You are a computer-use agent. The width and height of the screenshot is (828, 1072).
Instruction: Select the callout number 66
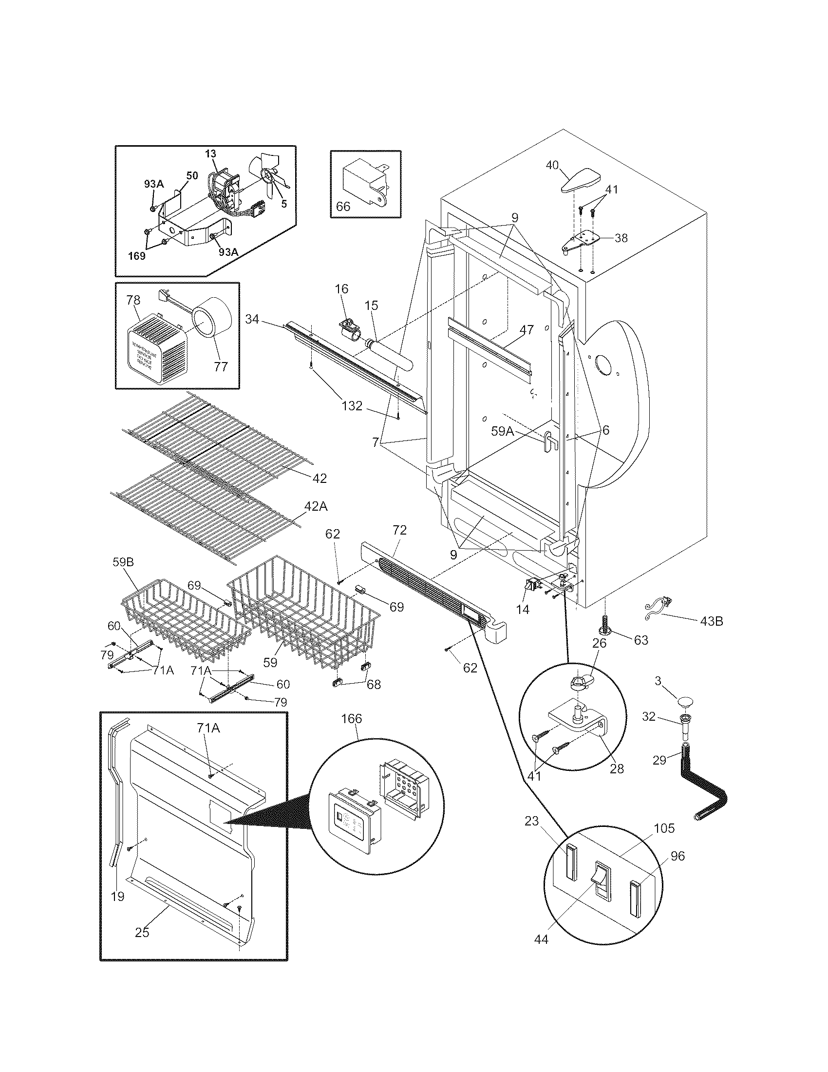tap(343, 206)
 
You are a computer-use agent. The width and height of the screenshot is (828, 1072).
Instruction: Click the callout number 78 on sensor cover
tap(133, 300)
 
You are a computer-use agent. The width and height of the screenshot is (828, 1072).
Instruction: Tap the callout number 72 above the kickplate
tap(399, 530)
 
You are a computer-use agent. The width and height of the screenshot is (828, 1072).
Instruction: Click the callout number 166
tap(351, 719)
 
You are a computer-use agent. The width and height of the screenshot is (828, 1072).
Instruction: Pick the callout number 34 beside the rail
tap(252, 320)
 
